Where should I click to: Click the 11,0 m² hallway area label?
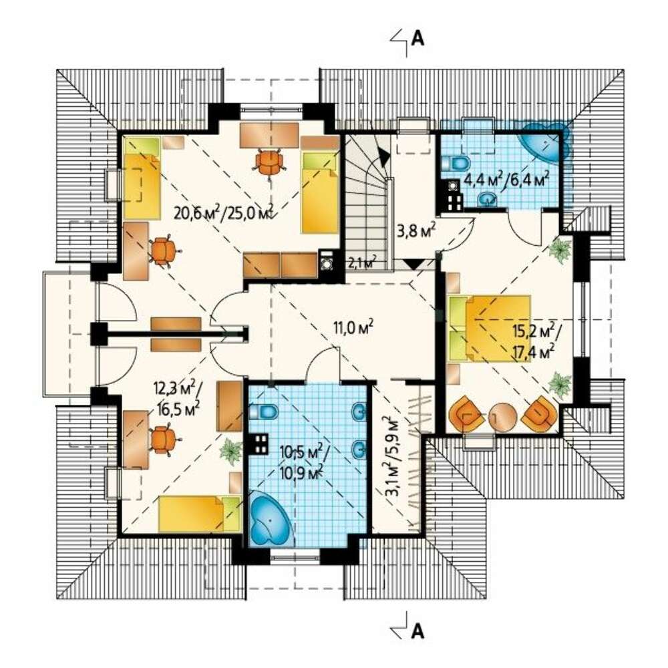[x=353, y=327]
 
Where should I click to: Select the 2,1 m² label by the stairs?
[x=362, y=262]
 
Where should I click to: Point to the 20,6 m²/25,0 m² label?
[x=223, y=212]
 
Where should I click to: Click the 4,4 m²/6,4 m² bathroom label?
[x=506, y=179]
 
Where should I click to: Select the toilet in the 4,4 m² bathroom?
[x=456, y=162]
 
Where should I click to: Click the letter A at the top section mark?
[x=418, y=38]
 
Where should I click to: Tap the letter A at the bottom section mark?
[x=418, y=631]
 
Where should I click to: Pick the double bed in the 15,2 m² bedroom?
[x=490, y=329]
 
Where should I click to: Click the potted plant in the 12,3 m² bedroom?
[x=232, y=451]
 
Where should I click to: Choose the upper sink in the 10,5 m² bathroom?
[x=359, y=412]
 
